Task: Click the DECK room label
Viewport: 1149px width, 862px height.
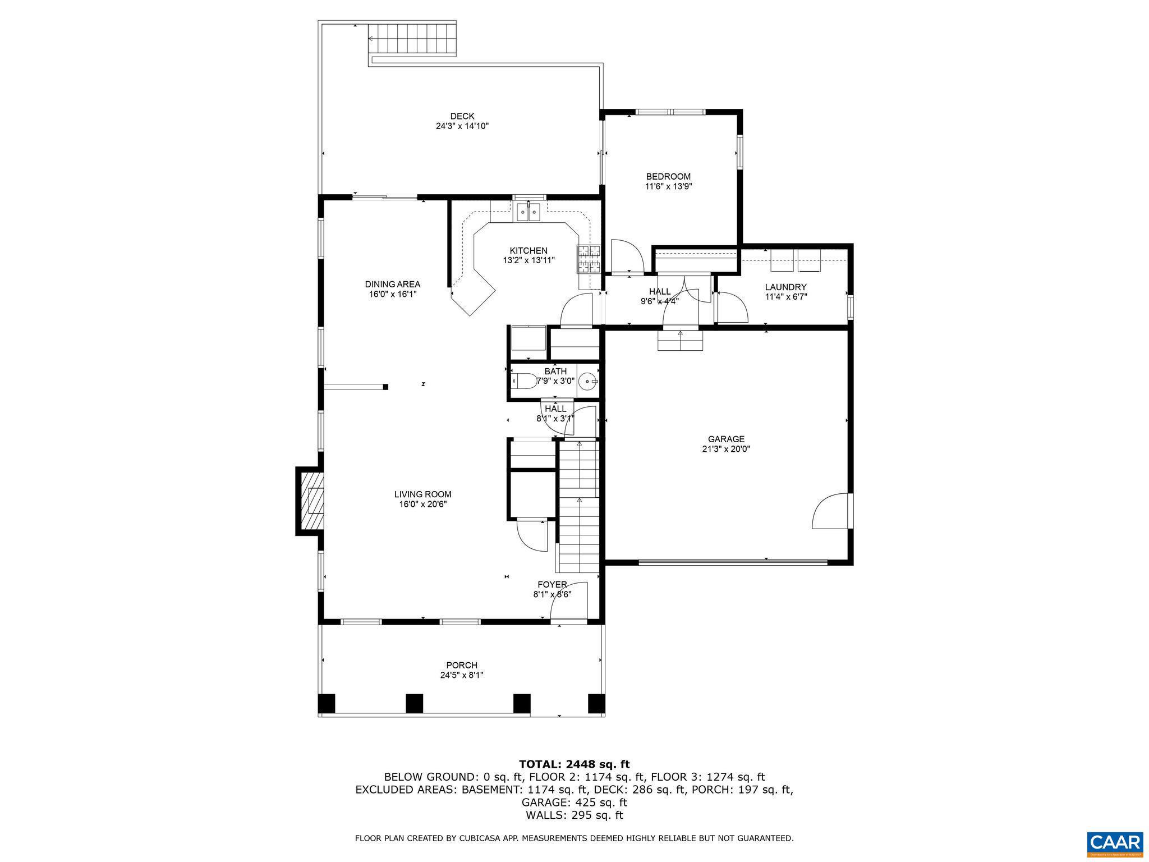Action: pos(462,116)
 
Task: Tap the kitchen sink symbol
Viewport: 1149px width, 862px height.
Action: pos(528,212)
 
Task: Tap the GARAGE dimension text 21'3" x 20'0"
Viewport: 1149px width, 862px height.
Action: pos(725,449)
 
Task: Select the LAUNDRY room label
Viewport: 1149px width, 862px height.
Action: pos(785,287)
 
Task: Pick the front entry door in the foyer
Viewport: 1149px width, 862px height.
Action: pos(569,603)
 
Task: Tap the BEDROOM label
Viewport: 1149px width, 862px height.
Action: pos(668,176)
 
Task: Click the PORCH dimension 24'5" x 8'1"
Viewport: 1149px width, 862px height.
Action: pos(461,675)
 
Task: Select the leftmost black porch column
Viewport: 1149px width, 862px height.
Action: pos(326,703)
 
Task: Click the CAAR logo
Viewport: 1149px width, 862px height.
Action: pos(1114,843)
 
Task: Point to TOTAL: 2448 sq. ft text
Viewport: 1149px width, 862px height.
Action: pos(574,764)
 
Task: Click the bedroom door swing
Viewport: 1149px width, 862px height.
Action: pos(627,256)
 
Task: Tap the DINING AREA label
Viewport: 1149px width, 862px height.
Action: pos(392,284)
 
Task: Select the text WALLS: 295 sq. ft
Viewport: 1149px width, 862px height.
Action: pos(574,815)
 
